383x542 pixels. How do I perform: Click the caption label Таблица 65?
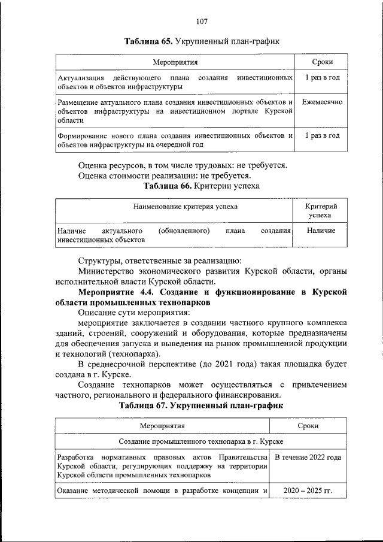148,41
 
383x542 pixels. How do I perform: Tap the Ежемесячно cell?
322,102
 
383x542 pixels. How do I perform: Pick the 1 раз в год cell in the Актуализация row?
322,78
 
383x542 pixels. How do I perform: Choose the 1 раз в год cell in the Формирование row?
322,135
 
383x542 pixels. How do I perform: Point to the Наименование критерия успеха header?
177,207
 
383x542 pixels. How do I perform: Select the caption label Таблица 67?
143,405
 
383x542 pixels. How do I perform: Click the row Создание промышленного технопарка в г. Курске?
200,441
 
